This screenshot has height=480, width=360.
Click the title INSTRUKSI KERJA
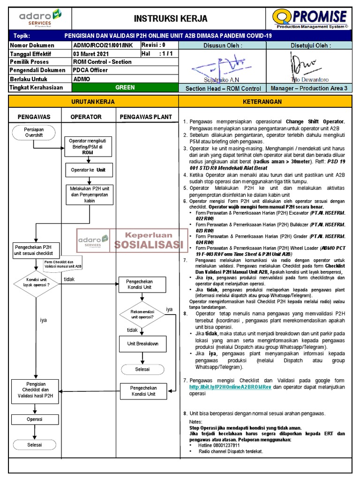coord(171,19)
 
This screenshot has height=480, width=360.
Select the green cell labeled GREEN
coord(125,88)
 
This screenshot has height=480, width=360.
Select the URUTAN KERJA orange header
coord(93,101)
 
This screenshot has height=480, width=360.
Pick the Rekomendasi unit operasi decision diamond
coord(142,314)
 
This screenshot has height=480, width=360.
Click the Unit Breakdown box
coord(142,344)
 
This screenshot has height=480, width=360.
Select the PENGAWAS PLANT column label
coord(146,117)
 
